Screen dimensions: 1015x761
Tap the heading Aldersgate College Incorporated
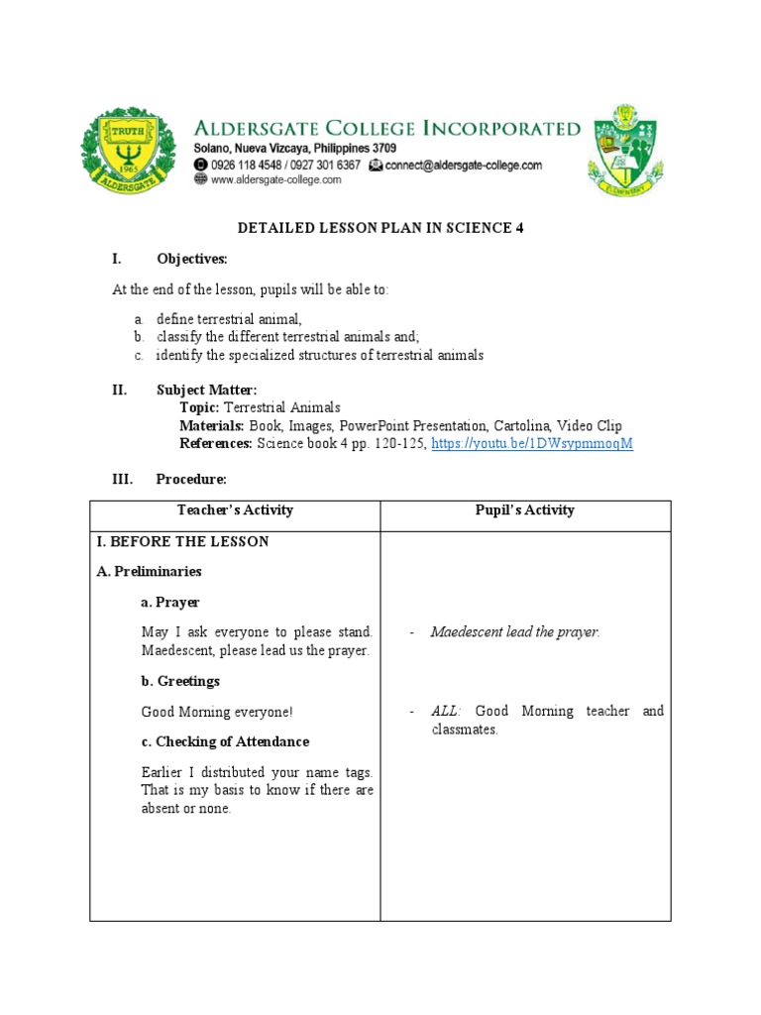click(386, 128)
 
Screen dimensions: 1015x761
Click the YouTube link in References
click(532, 444)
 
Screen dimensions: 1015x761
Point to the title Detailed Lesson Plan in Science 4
click(380, 228)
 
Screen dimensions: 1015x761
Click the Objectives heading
click(191, 260)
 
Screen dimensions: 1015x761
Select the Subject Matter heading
click(206, 391)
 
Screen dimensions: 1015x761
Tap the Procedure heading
click(191, 480)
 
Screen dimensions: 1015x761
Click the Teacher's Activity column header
click(235, 510)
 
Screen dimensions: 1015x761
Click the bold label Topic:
click(200, 408)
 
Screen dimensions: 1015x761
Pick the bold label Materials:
click(211, 426)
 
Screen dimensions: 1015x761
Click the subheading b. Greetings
click(180, 682)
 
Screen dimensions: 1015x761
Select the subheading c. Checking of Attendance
click(225, 742)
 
